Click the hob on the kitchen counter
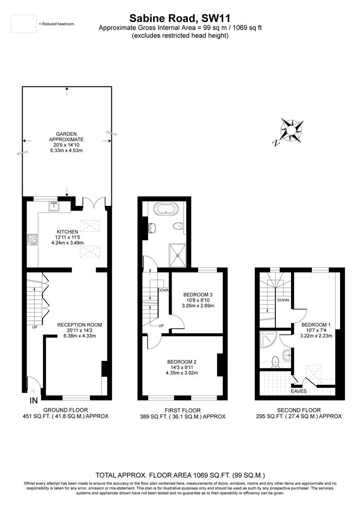coord(33,240)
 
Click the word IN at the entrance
coord(33,401)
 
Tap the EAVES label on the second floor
coord(298,391)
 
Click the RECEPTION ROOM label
coord(80,325)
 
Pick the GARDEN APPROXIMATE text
coord(67,136)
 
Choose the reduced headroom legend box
coord(24,24)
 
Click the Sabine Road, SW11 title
coord(180,18)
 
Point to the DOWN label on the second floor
coord(283,300)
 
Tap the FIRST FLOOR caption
coord(182,410)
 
